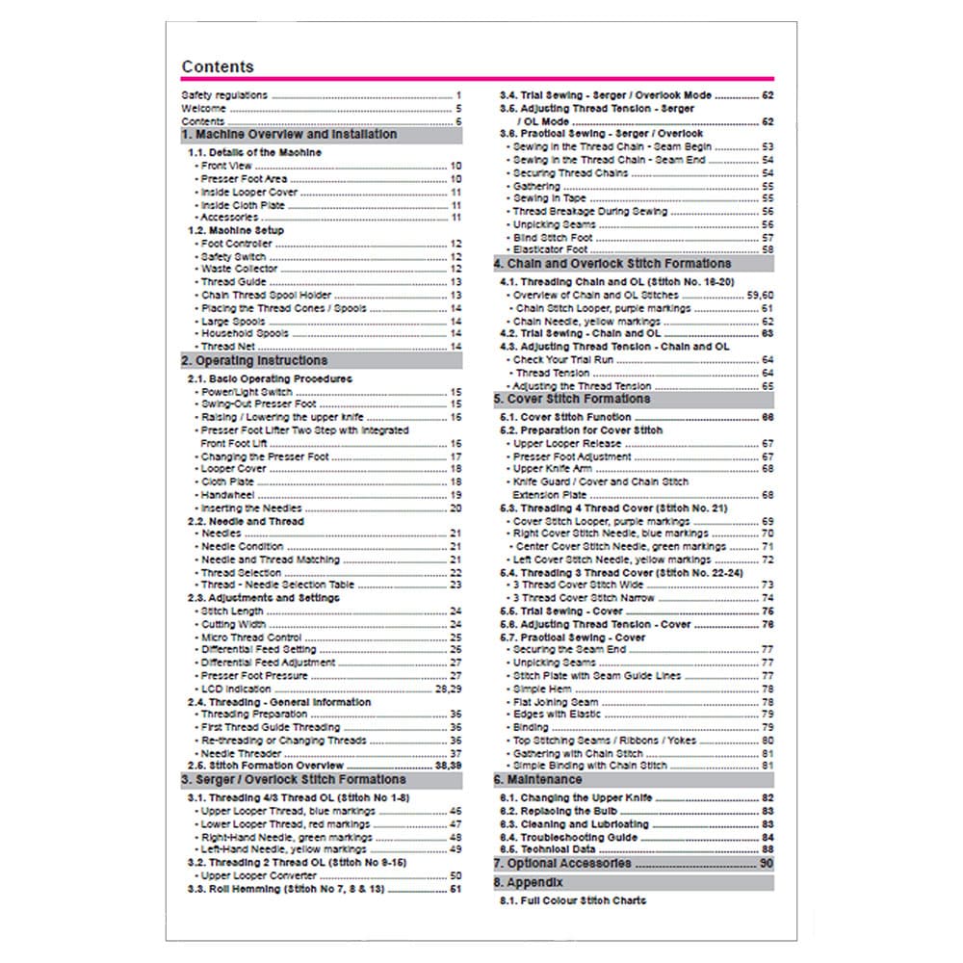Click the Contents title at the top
point(218,66)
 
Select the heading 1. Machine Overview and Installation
point(289,135)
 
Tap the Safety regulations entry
point(224,96)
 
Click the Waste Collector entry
point(240,270)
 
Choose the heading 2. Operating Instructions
point(254,361)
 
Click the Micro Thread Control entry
point(250,638)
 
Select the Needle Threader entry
point(242,754)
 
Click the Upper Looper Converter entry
point(259,876)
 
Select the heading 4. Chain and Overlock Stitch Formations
point(612,264)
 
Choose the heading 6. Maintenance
point(538,779)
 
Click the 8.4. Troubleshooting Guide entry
point(569,838)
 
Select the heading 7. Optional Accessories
point(563,864)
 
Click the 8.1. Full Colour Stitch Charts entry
point(573,901)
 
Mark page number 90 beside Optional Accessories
point(766,864)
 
